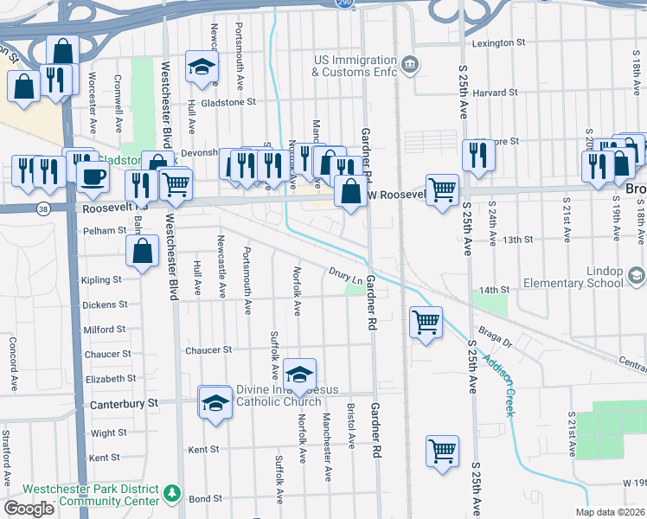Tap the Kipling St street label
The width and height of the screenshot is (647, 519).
[100, 280]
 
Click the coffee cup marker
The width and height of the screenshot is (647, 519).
[93, 176]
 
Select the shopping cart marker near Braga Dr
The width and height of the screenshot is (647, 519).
[426, 323]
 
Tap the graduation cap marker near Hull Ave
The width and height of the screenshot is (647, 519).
[202, 67]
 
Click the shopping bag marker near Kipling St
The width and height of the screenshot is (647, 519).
[142, 251]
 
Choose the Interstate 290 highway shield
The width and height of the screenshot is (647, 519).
[343, 3]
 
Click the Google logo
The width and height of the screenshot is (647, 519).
[30, 509]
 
